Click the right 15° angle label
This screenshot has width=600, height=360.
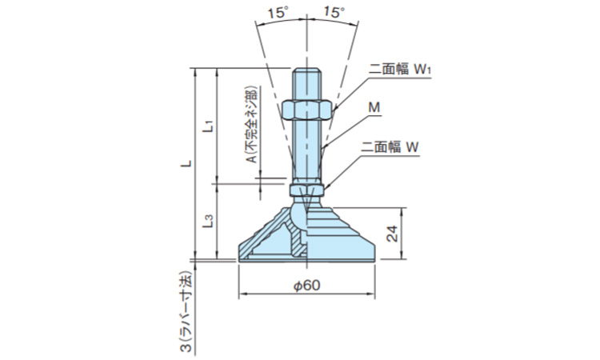coord(334,12)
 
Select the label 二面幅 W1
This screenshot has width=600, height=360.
coord(399,70)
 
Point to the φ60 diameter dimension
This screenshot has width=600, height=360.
coord(307,286)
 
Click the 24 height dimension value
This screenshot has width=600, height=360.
coord(392,234)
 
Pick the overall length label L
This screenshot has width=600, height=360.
coord(185,163)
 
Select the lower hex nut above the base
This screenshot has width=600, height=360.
coord(306,190)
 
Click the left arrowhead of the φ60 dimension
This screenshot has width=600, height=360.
coord(242,294)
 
